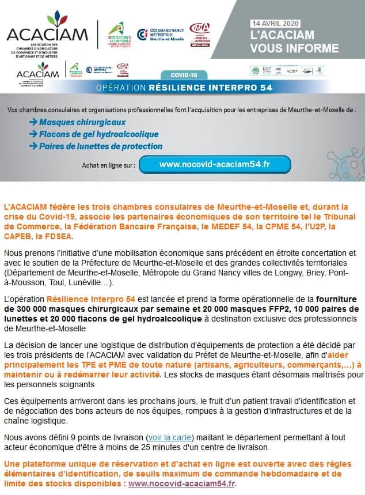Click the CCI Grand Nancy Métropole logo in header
160,34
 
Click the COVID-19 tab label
184,75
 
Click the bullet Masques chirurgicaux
82,122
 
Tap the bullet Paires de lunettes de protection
100,146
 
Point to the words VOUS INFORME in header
295,48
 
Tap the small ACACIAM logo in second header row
37,73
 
